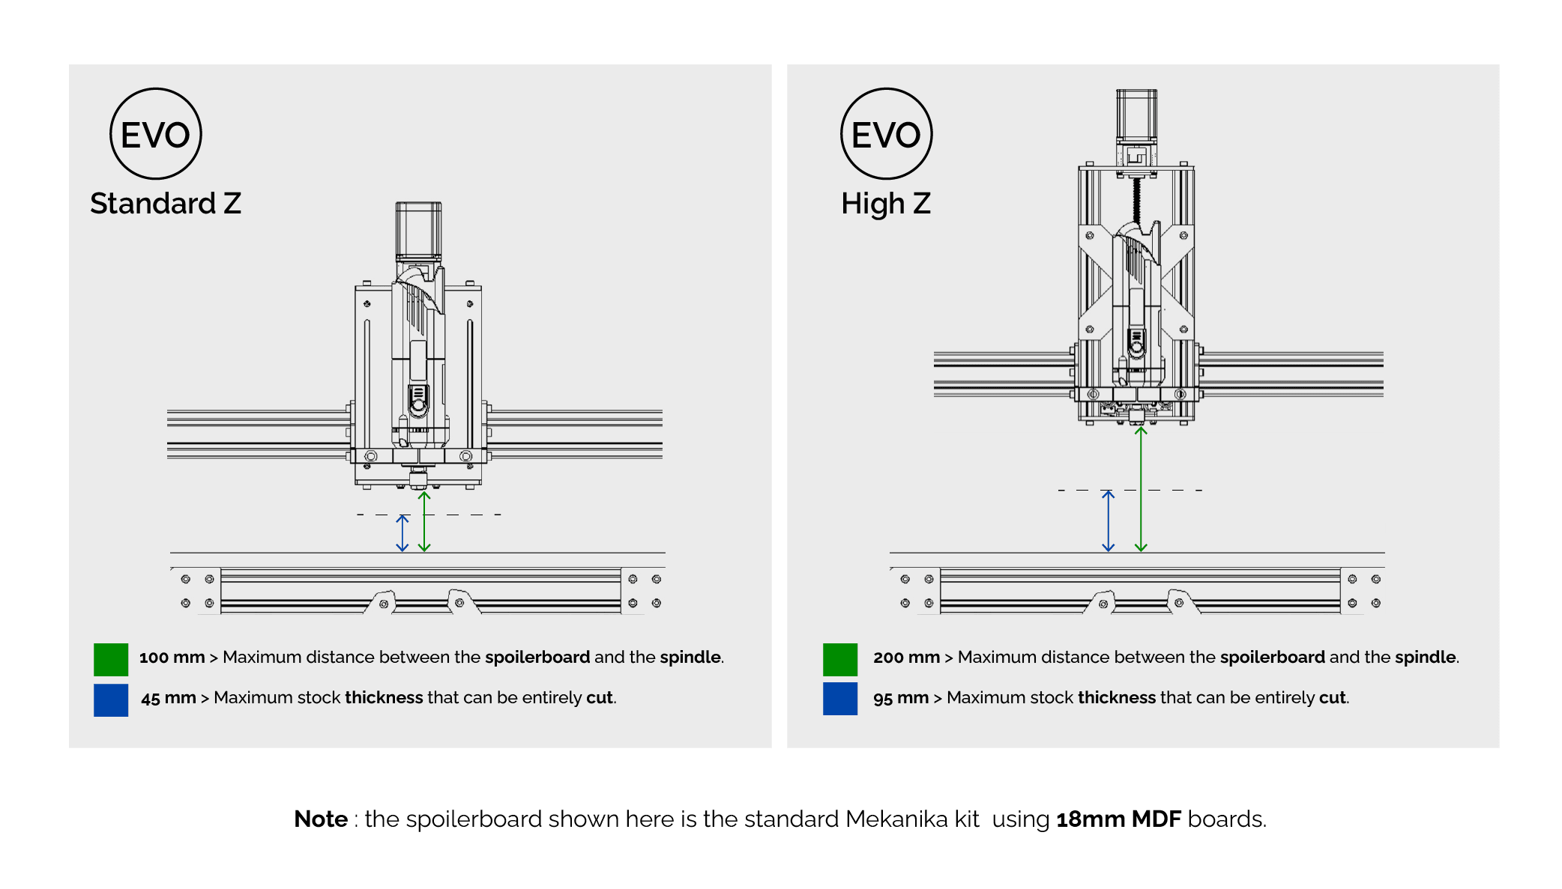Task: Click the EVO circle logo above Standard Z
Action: point(155,134)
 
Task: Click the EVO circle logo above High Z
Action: point(886,134)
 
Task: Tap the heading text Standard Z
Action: point(166,204)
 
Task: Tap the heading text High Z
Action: point(885,204)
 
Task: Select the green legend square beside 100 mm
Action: point(111,660)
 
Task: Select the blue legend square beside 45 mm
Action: point(111,700)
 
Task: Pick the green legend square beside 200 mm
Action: point(839,660)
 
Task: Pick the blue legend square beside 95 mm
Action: point(839,699)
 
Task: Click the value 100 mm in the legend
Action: point(172,658)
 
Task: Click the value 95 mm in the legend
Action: point(900,698)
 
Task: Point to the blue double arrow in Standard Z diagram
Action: point(402,533)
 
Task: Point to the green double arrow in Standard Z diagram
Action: point(424,522)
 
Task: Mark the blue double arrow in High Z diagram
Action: point(1108,521)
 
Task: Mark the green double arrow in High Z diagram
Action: point(1141,490)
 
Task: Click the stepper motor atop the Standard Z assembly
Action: point(418,230)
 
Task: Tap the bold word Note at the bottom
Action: point(320,819)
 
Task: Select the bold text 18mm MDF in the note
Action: point(1118,819)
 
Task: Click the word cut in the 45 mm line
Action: point(599,698)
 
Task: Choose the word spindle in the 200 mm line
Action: point(1425,658)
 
